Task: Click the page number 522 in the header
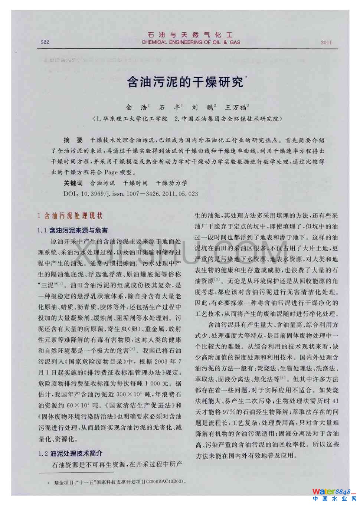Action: point(45,42)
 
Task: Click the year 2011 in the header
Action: point(326,42)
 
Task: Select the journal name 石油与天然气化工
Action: point(190,35)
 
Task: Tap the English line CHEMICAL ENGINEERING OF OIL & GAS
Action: point(191,42)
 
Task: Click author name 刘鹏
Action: point(202,108)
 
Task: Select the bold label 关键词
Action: point(73,183)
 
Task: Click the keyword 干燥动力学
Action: point(171,183)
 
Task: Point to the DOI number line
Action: point(131,194)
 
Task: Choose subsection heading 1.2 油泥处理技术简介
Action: point(70,453)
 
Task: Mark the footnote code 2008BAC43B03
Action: point(166,482)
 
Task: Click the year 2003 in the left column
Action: point(161,361)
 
